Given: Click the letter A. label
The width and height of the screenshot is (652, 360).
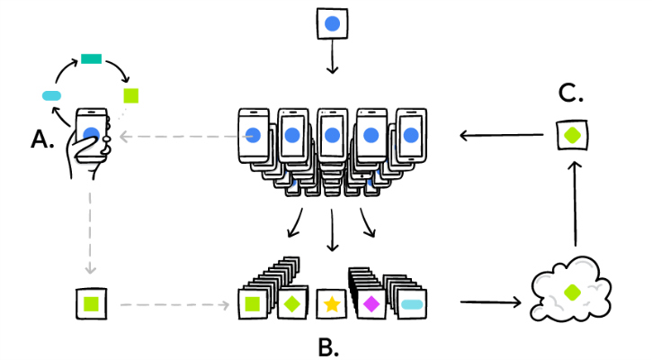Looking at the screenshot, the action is [x=42, y=139].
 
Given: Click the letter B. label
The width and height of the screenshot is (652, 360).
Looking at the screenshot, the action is [x=328, y=347].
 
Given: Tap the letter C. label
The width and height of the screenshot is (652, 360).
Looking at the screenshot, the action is [x=570, y=93].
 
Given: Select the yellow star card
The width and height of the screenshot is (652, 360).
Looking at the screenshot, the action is [x=332, y=304].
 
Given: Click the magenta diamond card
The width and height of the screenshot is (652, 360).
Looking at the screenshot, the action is [x=371, y=304].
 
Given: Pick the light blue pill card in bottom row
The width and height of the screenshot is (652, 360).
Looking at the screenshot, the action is [x=412, y=304].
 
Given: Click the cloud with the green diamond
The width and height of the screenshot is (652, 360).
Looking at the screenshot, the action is [x=570, y=290].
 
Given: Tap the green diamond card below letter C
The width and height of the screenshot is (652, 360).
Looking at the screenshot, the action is [x=572, y=135].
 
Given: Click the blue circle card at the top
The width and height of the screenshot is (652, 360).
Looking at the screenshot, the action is [x=332, y=23].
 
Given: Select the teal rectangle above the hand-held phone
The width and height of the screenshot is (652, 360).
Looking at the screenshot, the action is [x=91, y=58].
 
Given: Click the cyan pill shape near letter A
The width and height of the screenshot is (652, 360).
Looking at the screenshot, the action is [x=51, y=95].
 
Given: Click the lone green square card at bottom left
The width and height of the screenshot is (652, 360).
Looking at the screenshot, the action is [x=91, y=304].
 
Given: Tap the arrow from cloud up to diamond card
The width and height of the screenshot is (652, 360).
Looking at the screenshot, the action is [x=575, y=204].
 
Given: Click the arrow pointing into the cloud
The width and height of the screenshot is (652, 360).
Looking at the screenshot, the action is [x=490, y=302].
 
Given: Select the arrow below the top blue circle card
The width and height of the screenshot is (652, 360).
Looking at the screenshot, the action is [x=332, y=57].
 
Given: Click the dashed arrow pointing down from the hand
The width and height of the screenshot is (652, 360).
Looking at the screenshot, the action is [x=90, y=233].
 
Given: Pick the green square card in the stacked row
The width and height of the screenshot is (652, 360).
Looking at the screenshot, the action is [x=253, y=304].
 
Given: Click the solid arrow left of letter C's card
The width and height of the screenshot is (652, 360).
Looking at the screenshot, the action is [x=502, y=135].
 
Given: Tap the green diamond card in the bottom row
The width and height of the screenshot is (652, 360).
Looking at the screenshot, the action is [x=292, y=304].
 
